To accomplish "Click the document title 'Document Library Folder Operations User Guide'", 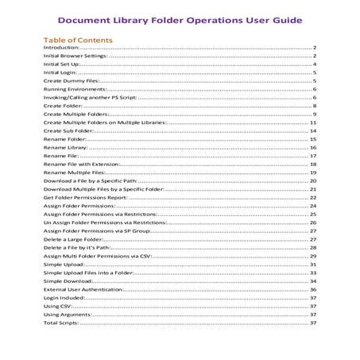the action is coord(180,21).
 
